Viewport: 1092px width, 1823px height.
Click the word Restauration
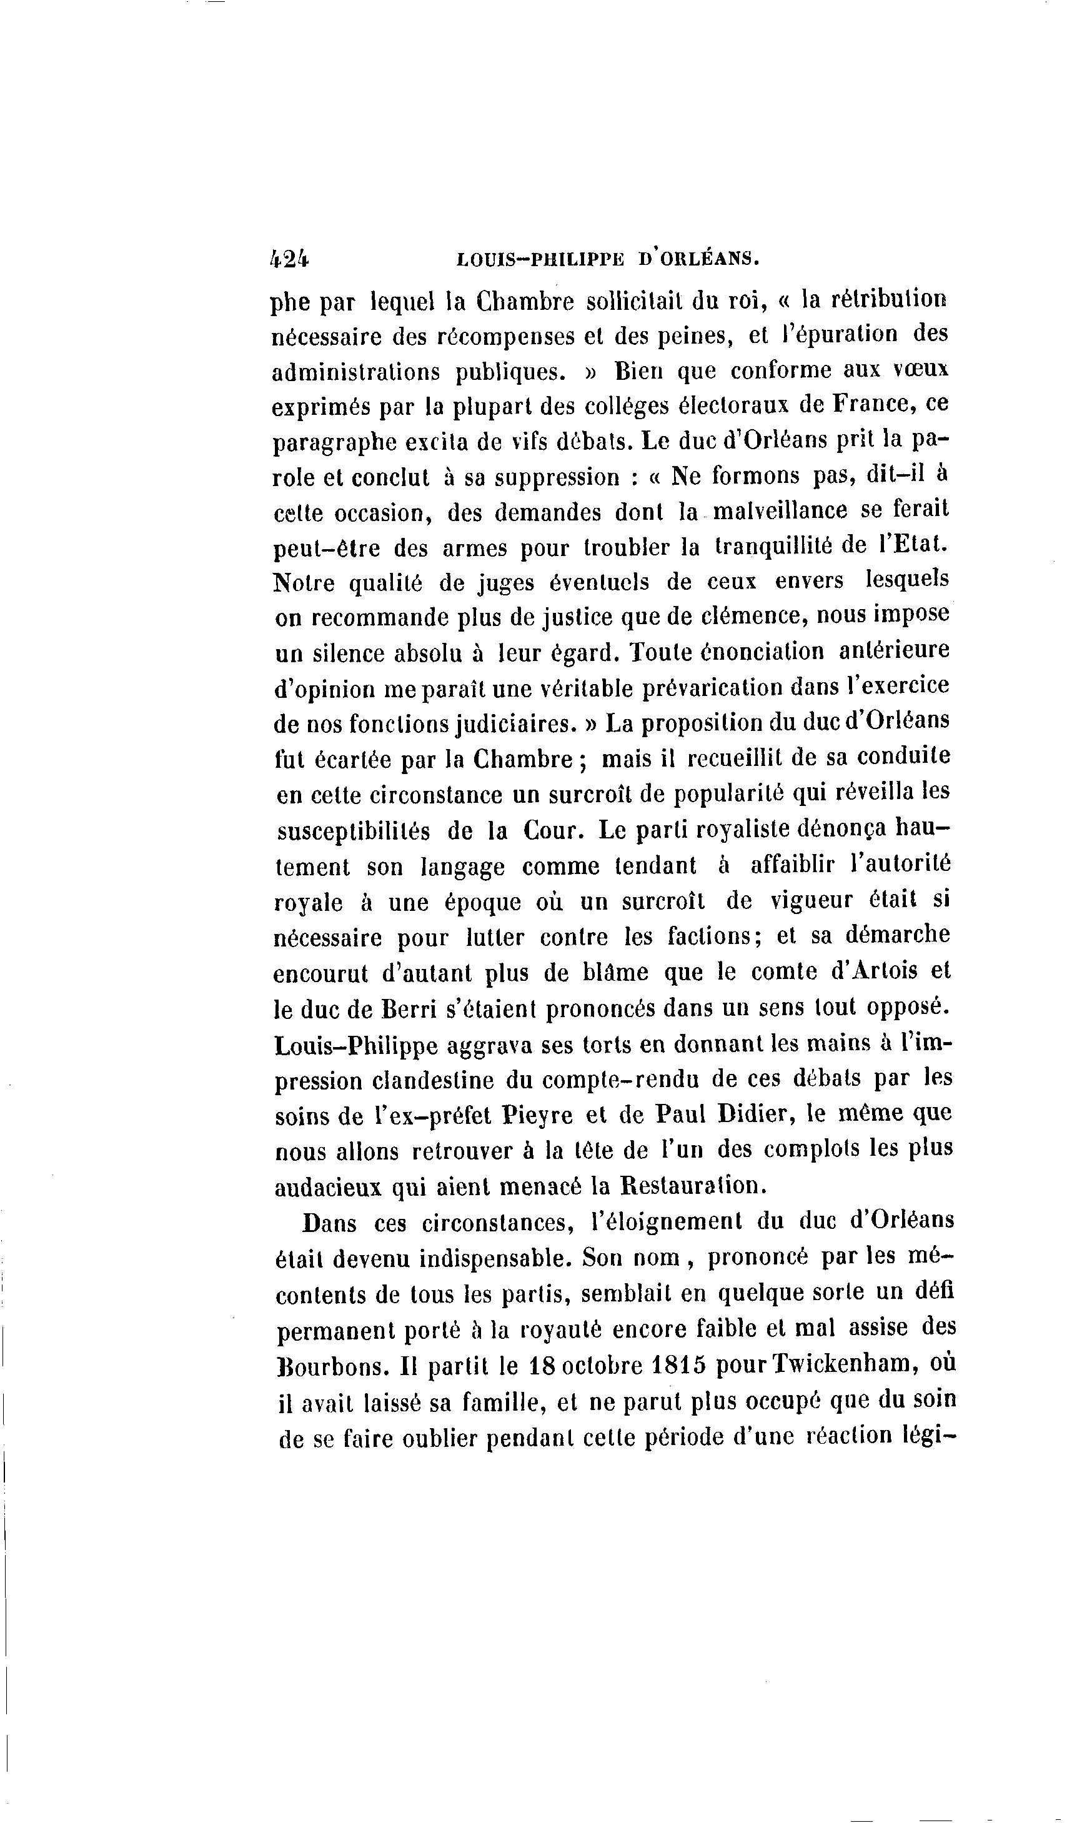coord(690,1185)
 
